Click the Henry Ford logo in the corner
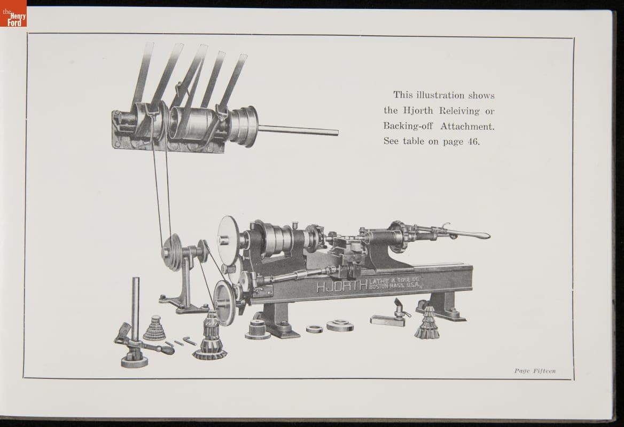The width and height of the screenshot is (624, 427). point(13,13)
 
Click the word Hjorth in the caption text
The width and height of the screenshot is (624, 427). point(418,110)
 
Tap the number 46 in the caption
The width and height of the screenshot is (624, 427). point(473,141)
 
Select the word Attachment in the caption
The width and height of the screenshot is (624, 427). point(467,126)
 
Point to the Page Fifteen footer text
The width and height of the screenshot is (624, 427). point(535,371)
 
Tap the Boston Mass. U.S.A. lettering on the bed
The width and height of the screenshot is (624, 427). point(395,285)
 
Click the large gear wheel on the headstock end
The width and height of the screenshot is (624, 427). point(229,241)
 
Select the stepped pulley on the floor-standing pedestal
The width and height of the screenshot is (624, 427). point(172,252)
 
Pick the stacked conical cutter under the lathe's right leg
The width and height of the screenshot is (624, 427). point(427,322)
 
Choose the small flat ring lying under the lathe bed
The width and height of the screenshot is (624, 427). point(314,329)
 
